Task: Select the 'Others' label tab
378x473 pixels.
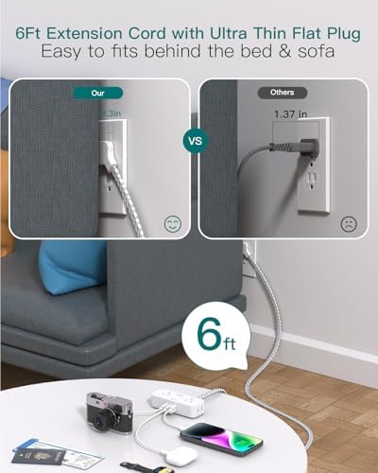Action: [282, 93]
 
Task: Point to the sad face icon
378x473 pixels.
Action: [349, 224]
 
